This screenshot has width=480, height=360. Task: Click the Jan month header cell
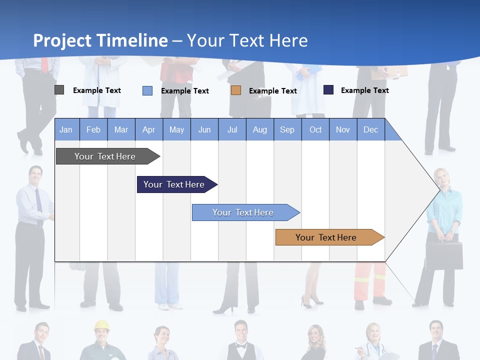tap(66, 129)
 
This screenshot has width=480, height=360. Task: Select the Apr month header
tap(149, 129)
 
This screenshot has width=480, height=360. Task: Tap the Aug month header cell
tap(259, 129)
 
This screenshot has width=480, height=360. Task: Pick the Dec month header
tap(370, 129)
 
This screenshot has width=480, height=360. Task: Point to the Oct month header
tap(315, 129)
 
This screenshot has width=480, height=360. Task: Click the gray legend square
tap(59, 90)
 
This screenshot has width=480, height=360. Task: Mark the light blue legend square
tap(147, 90)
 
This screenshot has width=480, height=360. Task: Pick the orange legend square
tap(236, 90)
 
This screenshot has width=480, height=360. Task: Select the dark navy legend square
tap(328, 90)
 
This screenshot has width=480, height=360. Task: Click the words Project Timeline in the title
tap(100, 40)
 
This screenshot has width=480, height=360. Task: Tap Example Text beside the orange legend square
tap(272, 91)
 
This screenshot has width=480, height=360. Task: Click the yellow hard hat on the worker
tap(102, 325)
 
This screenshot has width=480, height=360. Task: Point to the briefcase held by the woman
tap(444, 255)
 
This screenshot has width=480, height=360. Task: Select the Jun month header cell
tap(204, 129)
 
